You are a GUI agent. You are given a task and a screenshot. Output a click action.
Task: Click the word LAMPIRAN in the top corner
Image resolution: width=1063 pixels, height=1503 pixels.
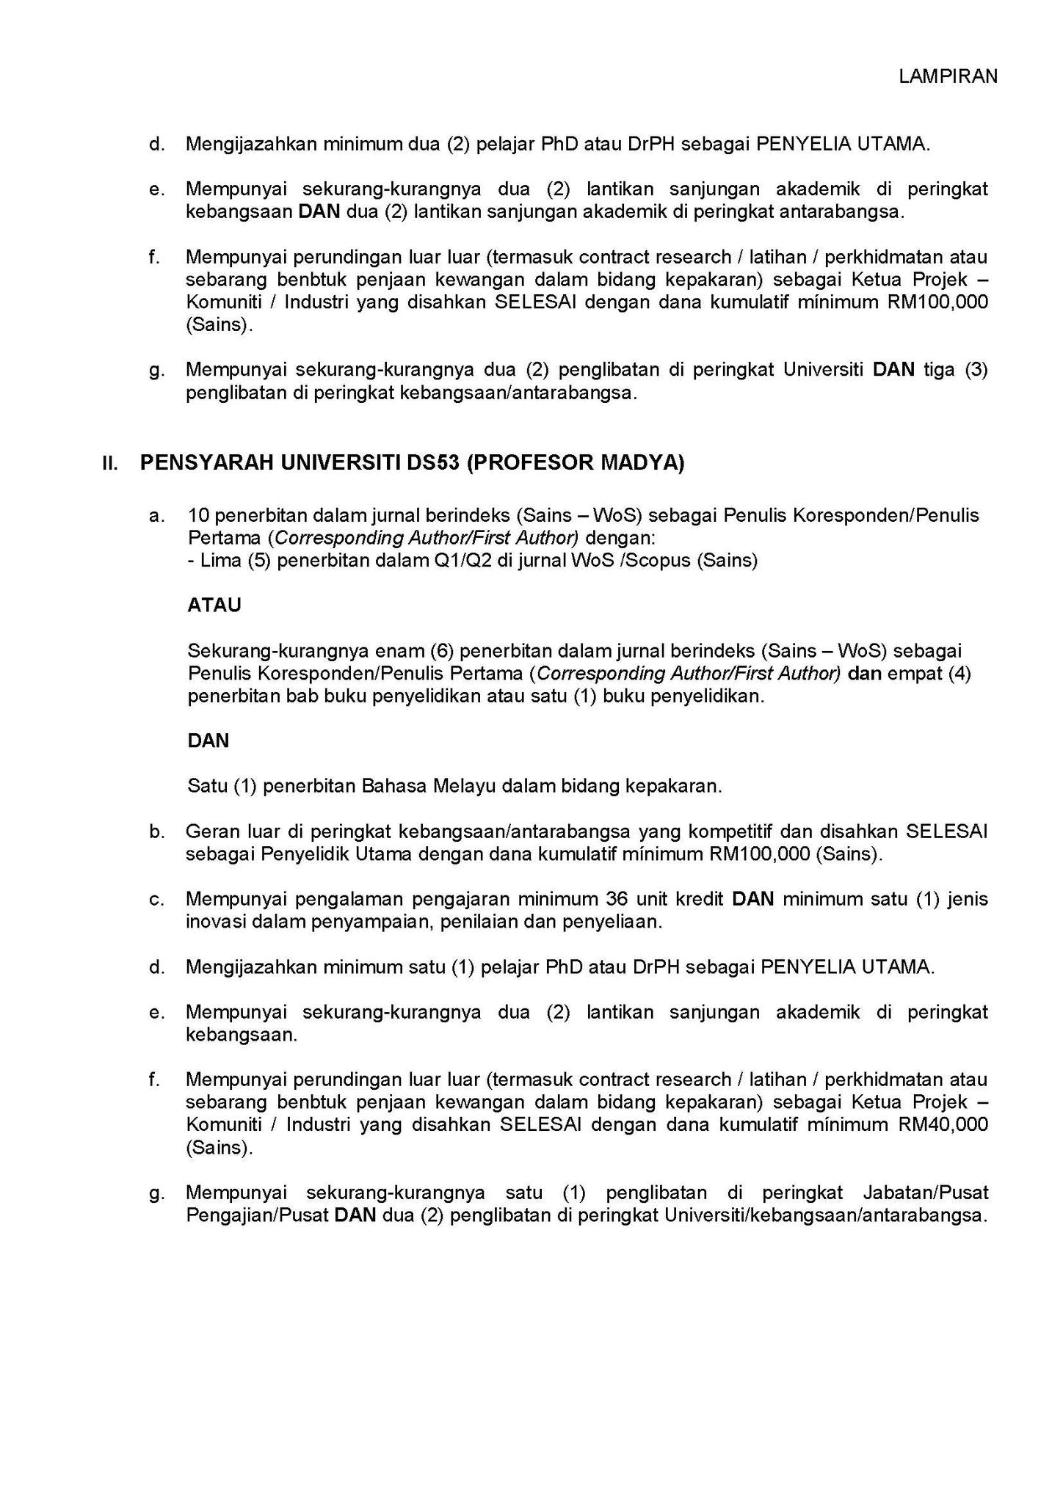point(948,76)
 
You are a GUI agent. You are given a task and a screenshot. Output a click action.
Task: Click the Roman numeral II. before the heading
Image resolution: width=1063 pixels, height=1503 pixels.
point(110,464)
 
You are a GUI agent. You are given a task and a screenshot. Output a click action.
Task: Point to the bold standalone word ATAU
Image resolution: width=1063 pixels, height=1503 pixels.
point(214,605)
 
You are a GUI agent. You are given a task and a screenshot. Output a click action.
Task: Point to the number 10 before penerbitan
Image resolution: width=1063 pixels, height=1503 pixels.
point(200,514)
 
